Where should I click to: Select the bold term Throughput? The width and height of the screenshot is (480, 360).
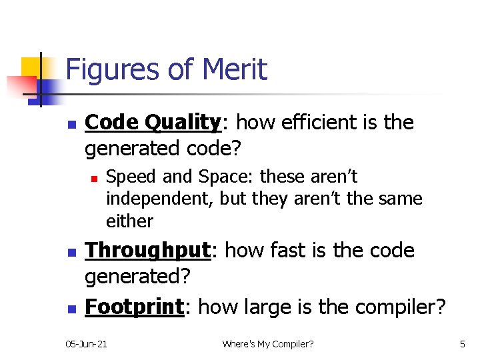pyautogui.click(x=148, y=251)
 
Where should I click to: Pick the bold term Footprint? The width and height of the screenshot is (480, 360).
pyautogui.click(x=135, y=307)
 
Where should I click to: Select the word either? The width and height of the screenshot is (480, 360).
pyautogui.click(x=129, y=221)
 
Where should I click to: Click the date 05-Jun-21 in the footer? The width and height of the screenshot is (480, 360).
pyautogui.click(x=87, y=344)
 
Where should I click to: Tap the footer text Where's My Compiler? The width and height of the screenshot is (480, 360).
pyautogui.click(x=268, y=344)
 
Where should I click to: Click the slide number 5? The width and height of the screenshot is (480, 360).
pyautogui.click(x=462, y=344)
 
